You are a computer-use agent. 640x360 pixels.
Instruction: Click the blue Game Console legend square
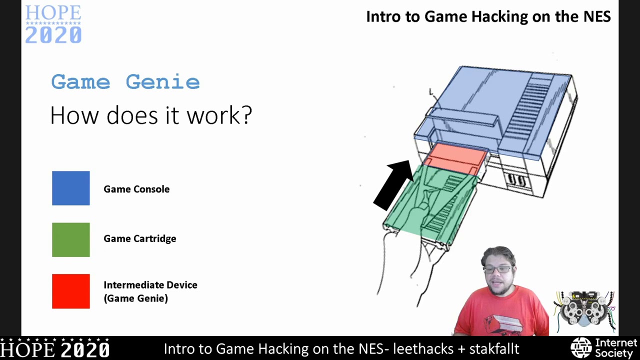[x=71, y=188]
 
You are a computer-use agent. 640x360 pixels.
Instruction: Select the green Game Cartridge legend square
[x=71, y=240]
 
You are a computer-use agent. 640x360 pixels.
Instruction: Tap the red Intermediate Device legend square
[x=71, y=291]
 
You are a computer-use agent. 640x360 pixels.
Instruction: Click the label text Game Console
[x=136, y=189]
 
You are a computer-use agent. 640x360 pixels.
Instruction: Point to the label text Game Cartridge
[x=140, y=238]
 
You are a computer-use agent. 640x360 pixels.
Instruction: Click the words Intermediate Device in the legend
[x=150, y=285]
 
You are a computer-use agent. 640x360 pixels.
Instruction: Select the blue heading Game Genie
[x=125, y=82]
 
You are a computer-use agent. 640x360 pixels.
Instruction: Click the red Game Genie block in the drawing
[x=455, y=155]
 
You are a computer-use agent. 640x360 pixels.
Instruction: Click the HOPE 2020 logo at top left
[x=53, y=24]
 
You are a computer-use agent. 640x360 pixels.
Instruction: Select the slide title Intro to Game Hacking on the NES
[x=488, y=16]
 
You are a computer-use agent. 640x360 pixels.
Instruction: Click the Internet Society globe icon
[x=581, y=348]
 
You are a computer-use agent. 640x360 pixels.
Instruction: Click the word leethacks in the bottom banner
[x=423, y=348]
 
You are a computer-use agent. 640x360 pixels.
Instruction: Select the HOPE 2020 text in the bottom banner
[x=55, y=348]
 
